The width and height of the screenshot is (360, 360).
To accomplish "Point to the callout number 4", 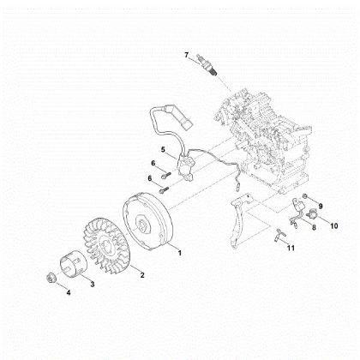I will [x=69, y=292].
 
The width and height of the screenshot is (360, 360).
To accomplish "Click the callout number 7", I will [x=186, y=56].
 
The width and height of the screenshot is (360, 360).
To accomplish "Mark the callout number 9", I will [x=321, y=207].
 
